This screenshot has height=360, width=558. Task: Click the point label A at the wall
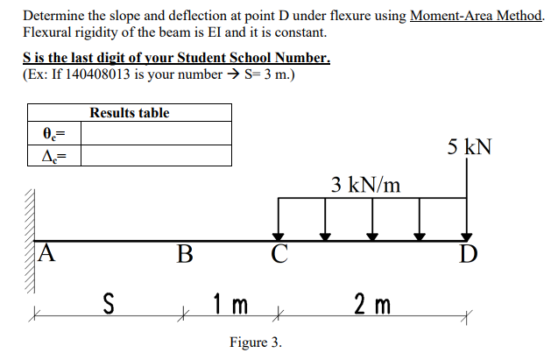(x=47, y=253)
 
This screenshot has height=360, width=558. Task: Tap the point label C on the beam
(x=279, y=255)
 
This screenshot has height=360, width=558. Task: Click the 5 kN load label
(x=468, y=146)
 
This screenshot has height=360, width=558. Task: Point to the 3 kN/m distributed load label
(x=366, y=184)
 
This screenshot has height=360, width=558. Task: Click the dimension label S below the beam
(x=109, y=306)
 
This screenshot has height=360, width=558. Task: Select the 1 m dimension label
(x=231, y=306)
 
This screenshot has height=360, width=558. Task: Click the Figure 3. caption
(x=255, y=342)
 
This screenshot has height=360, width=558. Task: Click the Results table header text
(x=130, y=113)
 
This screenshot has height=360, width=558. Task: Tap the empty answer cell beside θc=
(x=156, y=134)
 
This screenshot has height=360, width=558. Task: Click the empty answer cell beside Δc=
(x=156, y=156)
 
